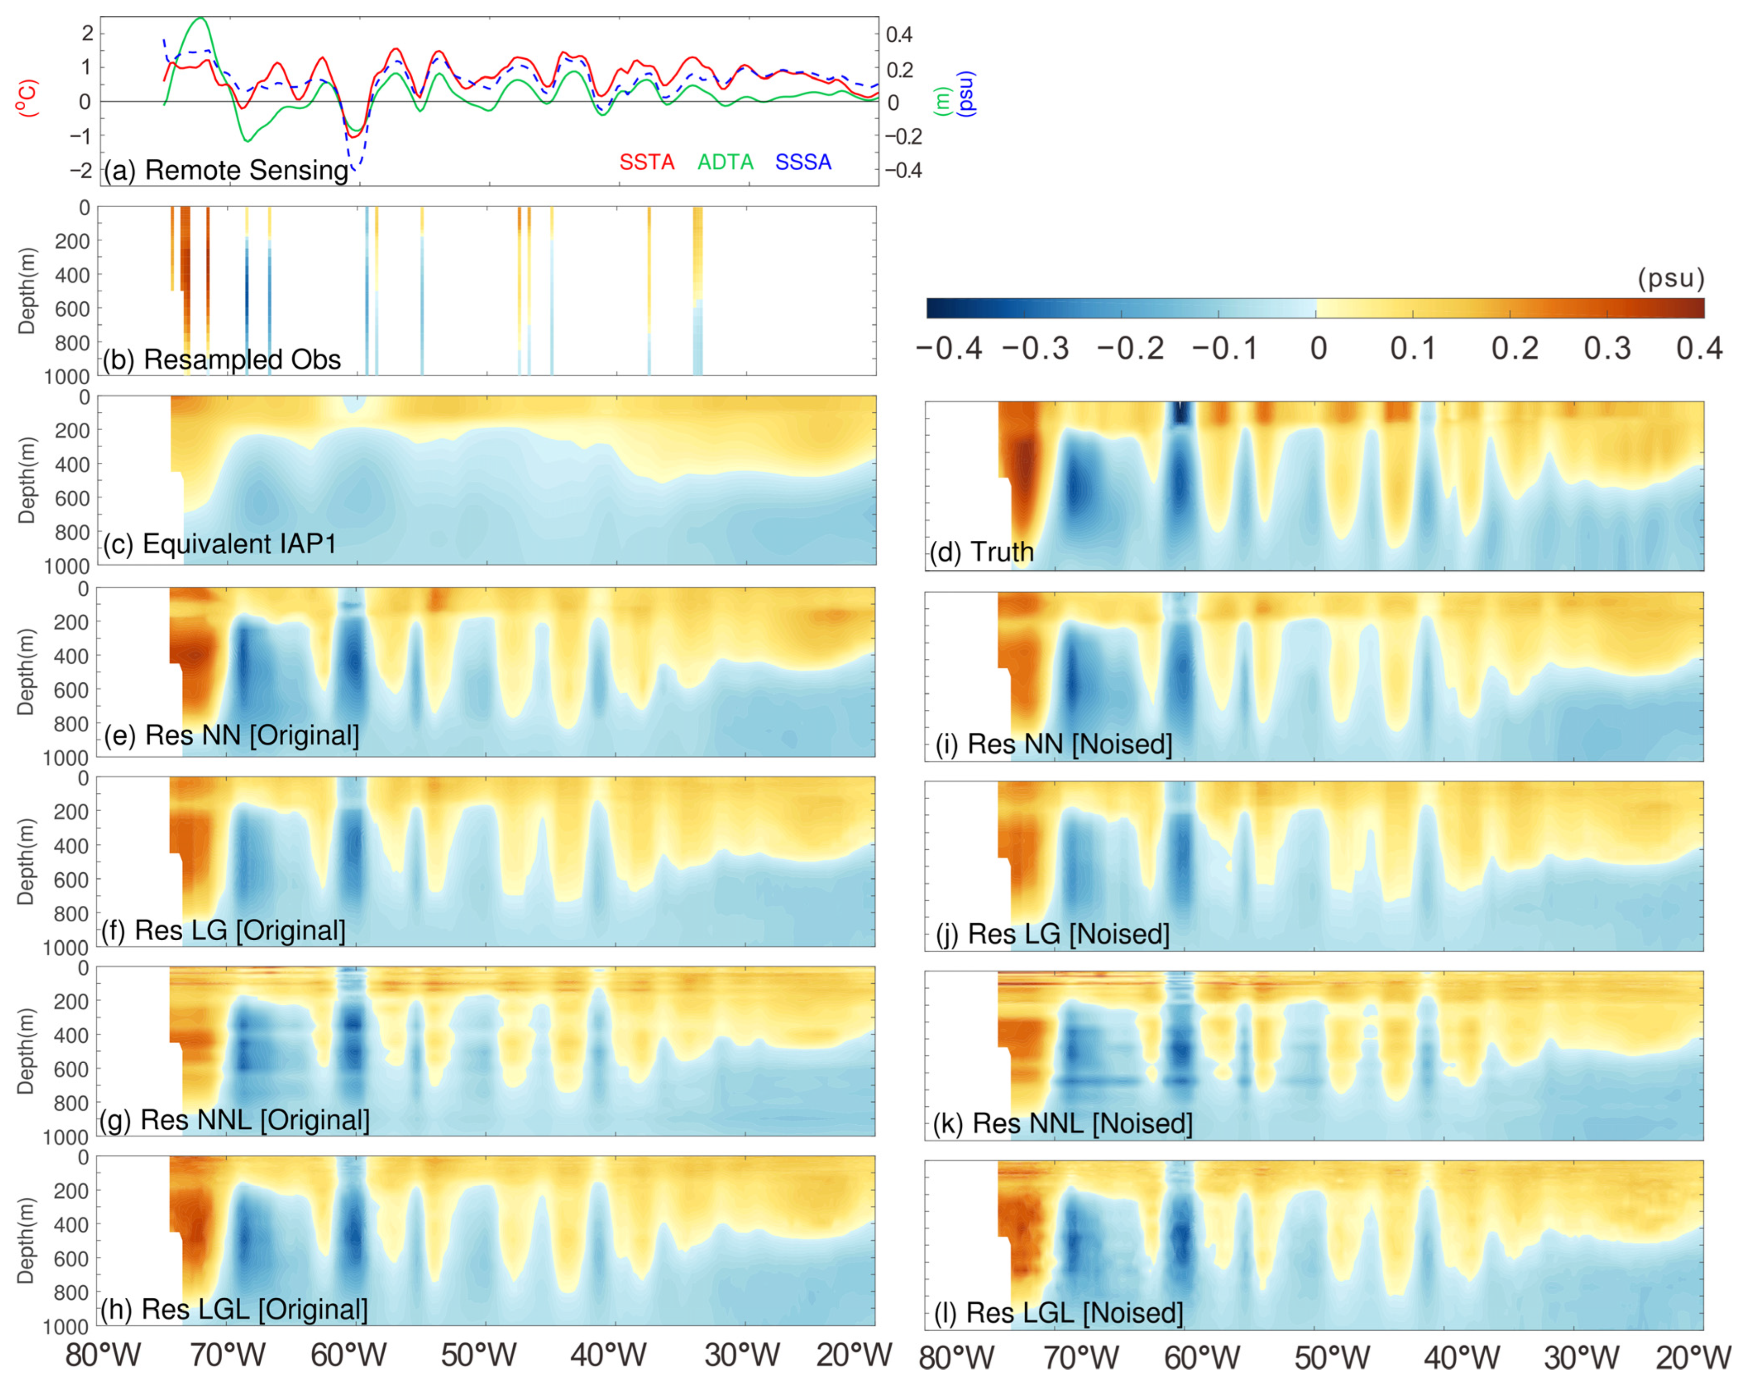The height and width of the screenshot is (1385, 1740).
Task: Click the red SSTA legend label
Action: click(646, 162)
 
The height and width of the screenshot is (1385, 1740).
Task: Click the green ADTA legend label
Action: click(725, 162)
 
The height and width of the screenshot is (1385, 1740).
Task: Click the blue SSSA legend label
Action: click(803, 162)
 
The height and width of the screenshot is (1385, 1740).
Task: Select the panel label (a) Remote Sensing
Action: click(226, 170)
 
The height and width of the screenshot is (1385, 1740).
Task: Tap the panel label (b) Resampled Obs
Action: click(221, 359)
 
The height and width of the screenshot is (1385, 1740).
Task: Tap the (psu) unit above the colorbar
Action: click(1671, 279)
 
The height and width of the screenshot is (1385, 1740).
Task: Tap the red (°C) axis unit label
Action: click(28, 98)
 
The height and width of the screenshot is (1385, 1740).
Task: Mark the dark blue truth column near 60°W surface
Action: click(1181, 413)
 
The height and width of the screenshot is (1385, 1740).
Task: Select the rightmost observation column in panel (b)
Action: click(698, 291)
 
